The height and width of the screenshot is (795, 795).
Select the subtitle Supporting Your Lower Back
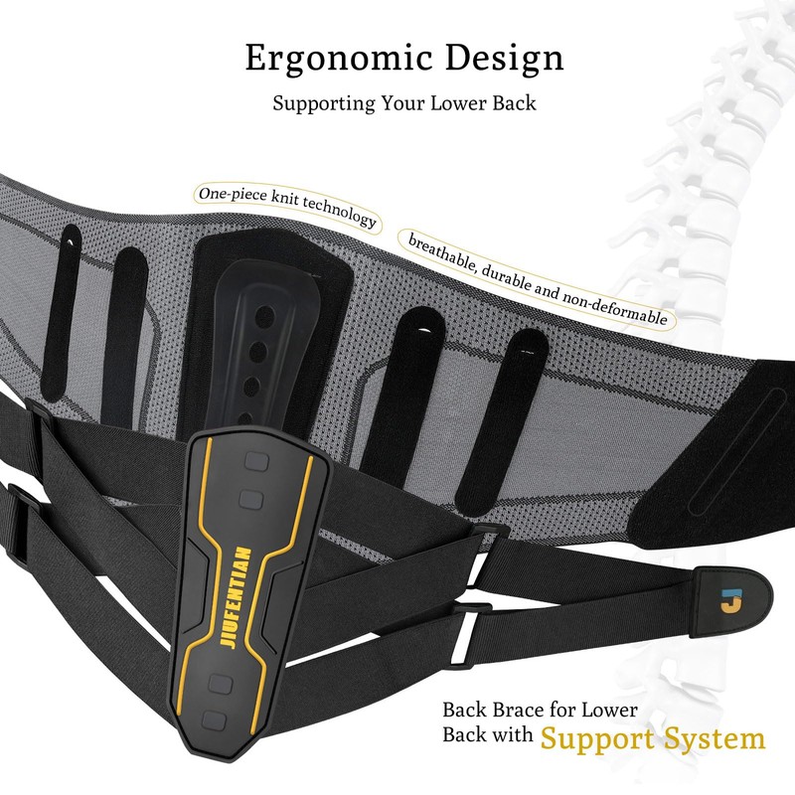point(403,103)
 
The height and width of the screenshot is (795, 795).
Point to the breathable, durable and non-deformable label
point(537,280)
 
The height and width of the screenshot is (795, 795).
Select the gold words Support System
point(653,738)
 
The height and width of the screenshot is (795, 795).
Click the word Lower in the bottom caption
point(605,711)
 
